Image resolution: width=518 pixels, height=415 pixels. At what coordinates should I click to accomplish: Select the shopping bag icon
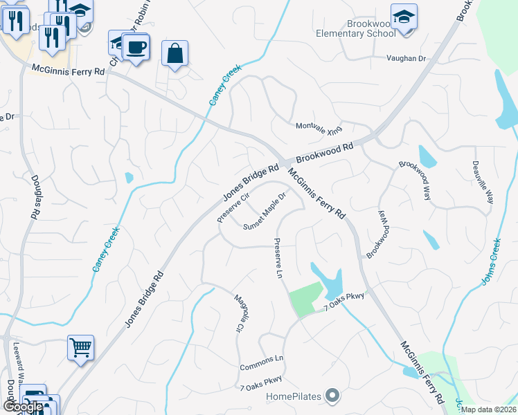tap(175, 53)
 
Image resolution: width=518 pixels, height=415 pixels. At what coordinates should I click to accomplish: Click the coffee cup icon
tap(137, 47)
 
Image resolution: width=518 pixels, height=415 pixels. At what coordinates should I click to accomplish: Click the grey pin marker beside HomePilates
tap(333, 396)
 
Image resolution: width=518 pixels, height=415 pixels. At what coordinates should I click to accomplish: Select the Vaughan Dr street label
tap(406, 59)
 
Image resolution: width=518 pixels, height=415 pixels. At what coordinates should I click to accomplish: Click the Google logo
tap(23, 407)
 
